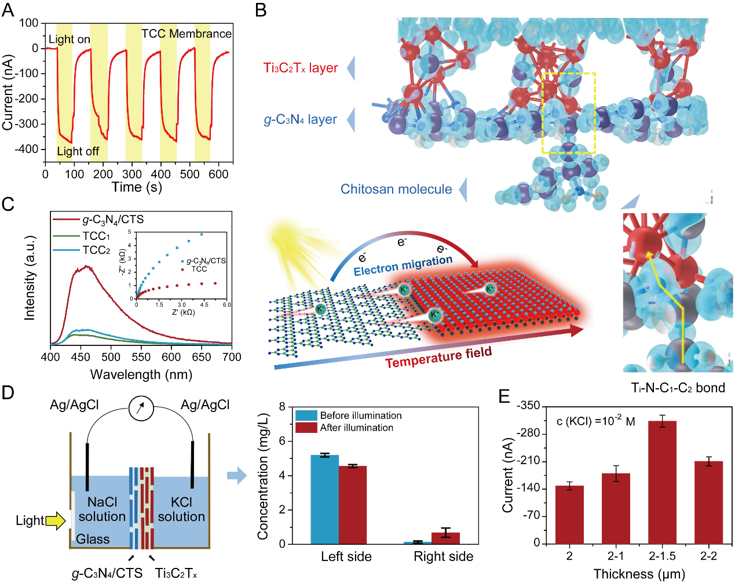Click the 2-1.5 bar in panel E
pos(662,482)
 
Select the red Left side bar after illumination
pos(353,505)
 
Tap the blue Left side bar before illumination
pos(325,500)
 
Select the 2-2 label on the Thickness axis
pos(708,556)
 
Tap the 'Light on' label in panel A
pos(70,39)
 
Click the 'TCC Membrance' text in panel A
pos(187,34)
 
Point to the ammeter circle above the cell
pos(141,408)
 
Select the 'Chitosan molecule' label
pos(396,189)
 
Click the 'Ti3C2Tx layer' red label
pos(301,68)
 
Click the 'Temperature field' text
pos(438,357)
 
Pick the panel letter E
pos(504,396)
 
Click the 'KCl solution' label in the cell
pos(181,509)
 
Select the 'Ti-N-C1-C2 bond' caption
pos(678,388)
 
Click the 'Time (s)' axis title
pos(137,187)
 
